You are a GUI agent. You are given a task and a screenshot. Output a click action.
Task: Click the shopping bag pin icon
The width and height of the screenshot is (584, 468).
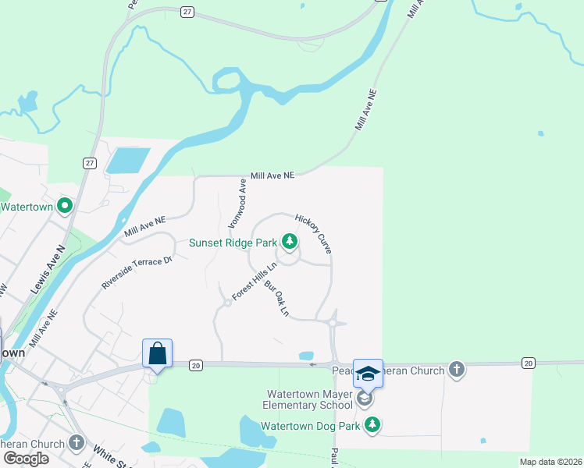point(157,353)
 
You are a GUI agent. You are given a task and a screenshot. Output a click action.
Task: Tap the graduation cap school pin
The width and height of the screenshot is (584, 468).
point(368,374)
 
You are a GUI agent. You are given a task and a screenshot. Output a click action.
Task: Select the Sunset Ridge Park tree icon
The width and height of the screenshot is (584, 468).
point(290,242)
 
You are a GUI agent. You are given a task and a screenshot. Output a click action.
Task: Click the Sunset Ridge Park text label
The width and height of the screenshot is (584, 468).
point(233,243)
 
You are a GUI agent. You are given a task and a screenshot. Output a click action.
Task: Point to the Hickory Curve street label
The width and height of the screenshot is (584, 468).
point(314,234)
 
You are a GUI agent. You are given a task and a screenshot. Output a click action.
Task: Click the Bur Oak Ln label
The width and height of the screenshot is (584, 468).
point(277,300)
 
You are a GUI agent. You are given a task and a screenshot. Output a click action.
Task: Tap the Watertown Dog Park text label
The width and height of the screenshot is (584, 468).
point(310,427)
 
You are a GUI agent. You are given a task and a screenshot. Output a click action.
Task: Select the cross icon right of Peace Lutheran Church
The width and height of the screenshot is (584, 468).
point(457,370)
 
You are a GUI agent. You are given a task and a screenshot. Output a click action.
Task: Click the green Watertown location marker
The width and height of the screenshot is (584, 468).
point(65,207)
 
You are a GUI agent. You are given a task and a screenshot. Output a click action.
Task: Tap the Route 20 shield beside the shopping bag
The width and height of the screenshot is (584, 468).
point(195,364)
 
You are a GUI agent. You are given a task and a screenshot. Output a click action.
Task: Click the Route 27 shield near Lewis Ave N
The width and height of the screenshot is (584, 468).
point(90,162)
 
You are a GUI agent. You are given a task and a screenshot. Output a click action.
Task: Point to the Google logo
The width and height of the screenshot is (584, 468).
point(26,458)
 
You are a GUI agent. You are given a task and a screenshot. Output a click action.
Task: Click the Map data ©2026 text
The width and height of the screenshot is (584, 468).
point(550,462)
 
